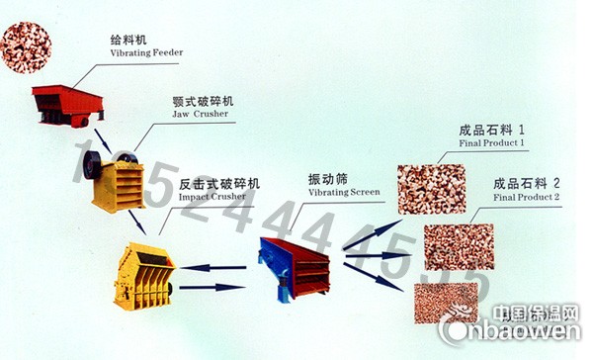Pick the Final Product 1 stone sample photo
click(431, 187)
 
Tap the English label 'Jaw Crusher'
click(201, 114)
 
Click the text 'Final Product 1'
click(492, 143)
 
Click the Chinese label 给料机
click(127, 40)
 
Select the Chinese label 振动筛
click(329, 179)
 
